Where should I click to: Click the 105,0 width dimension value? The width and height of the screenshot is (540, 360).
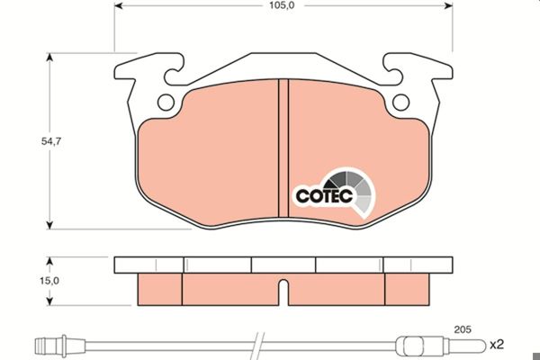[x=282, y=5]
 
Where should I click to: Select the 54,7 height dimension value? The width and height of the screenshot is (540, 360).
[x=51, y=141]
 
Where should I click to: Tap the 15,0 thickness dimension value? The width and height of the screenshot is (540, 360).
[x=49, y=281]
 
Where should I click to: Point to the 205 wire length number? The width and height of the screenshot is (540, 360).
[x=463, y=329]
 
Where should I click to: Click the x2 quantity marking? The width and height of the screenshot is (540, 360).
[x=497, y=345]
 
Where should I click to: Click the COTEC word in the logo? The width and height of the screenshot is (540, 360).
[x=324, y=196]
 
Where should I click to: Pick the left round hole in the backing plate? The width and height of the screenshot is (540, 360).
[x=166, y=103]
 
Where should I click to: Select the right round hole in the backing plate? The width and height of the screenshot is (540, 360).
[x=400, y=103]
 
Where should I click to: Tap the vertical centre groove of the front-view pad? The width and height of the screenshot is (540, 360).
[x=283, y=148]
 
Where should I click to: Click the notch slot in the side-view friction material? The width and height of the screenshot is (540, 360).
[x=283, y=292]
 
